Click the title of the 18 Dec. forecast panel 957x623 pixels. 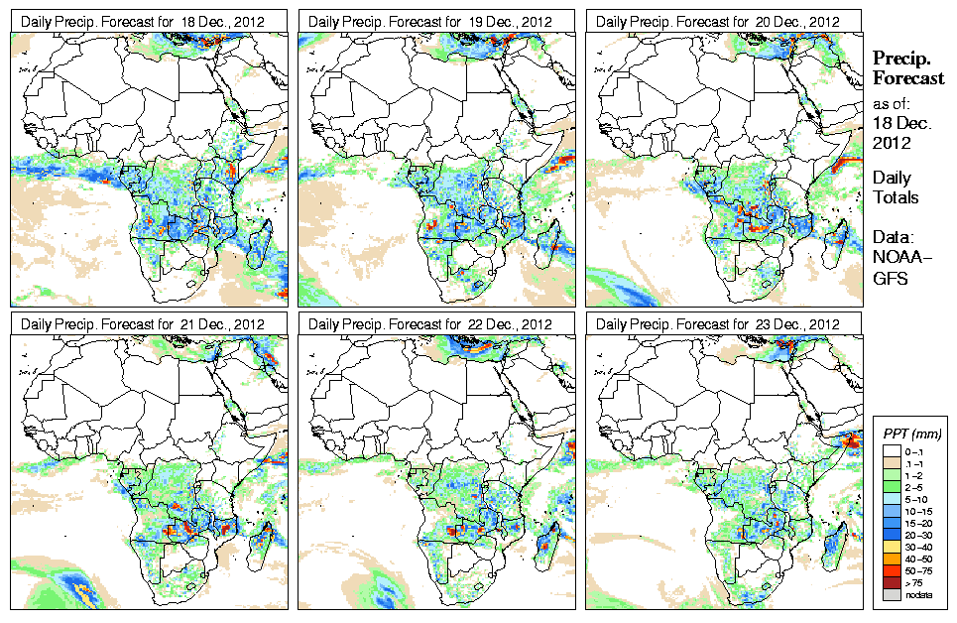pos(143,21)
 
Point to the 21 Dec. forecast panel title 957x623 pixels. pos(143,324)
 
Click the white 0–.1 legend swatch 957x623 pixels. pos(890,451)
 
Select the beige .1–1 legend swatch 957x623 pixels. pos(890,463)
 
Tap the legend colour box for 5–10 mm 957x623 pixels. pos(890,499)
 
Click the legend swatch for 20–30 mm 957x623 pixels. pos(890,535)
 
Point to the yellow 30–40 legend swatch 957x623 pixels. pos(890,547)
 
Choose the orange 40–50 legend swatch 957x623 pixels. pos(890,559)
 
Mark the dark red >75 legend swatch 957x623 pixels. pos(890,582)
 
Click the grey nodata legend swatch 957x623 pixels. pos(890,594)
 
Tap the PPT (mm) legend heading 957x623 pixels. pos(911,434)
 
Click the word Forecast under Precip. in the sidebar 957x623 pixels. pos(908,78)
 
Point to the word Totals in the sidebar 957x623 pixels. pos(896,197)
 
